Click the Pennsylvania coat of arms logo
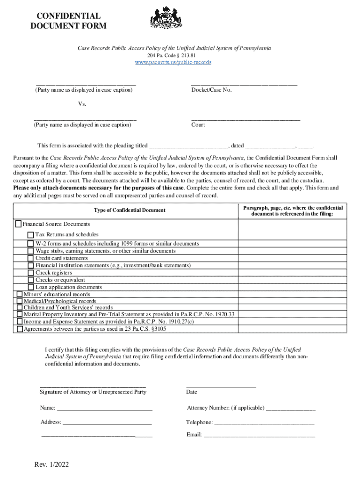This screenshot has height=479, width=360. click(165, 18)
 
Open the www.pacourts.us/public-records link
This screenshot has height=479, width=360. click(173, 62)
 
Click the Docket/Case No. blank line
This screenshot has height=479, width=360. click(244, 84)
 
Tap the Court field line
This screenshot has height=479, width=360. click(245, 120)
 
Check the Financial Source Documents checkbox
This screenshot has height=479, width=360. click(19, 224)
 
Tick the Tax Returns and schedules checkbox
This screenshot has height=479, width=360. click(30, 234)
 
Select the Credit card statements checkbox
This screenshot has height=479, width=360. click(31, 258)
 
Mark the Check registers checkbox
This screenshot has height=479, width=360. click(31, 273)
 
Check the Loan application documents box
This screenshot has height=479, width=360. click(31, 287)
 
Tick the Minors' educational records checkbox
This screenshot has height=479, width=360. click(19, 294)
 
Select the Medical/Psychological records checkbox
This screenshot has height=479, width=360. click(19, 302)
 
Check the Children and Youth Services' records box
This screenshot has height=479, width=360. click(19, 308)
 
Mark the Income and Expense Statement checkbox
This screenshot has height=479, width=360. click(19, 322)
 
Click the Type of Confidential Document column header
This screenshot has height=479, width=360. click(130, 210)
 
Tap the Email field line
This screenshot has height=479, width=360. click(259, 435)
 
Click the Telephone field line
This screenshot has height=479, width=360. click(264, 423)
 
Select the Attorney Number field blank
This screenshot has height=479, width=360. click(290, 409)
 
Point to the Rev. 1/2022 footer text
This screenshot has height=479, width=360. click(51, 464)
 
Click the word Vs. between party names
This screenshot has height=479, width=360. click(82, 104)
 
